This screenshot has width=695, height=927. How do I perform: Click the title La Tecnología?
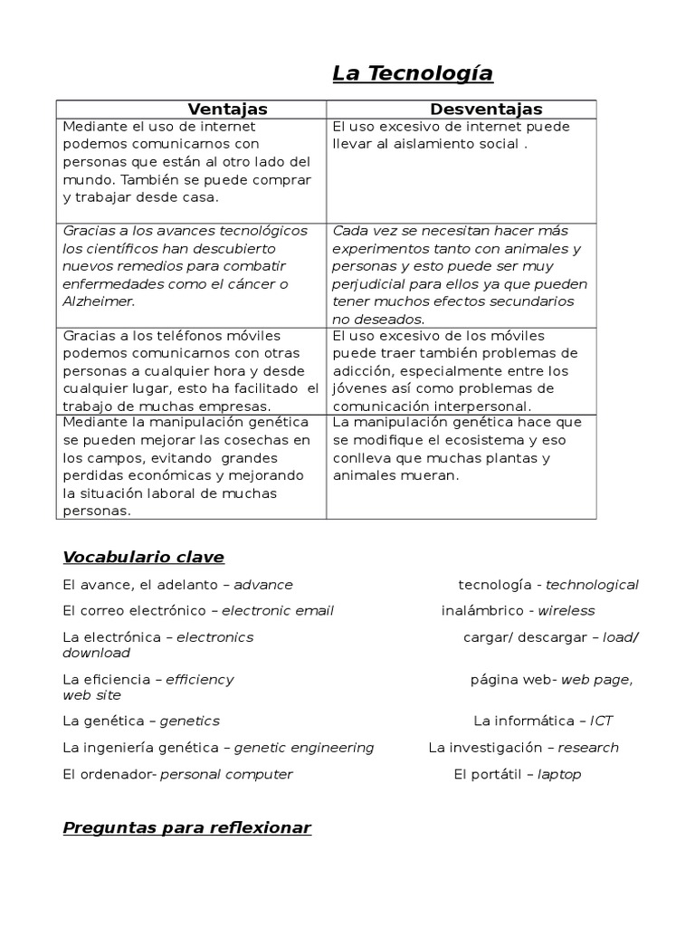(413, 73)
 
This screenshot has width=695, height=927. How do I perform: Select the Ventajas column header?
(227, 110)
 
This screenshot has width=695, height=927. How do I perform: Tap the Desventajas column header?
(486, 110)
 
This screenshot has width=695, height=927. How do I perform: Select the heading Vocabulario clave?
(143, 557)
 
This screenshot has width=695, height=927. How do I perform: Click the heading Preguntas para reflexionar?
(186, 827)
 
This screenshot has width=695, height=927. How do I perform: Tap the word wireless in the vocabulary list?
(566, 610)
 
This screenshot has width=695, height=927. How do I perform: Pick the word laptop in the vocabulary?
(559, 774)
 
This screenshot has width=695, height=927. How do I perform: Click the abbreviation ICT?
(601, 721)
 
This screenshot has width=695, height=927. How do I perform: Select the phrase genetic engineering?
(304, 748)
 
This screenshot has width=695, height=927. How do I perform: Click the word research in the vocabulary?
(588, 748)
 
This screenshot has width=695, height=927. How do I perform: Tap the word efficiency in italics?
(200, 679)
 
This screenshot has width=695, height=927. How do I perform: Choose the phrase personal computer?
(226, 774)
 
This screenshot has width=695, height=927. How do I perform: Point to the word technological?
(592, 585)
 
